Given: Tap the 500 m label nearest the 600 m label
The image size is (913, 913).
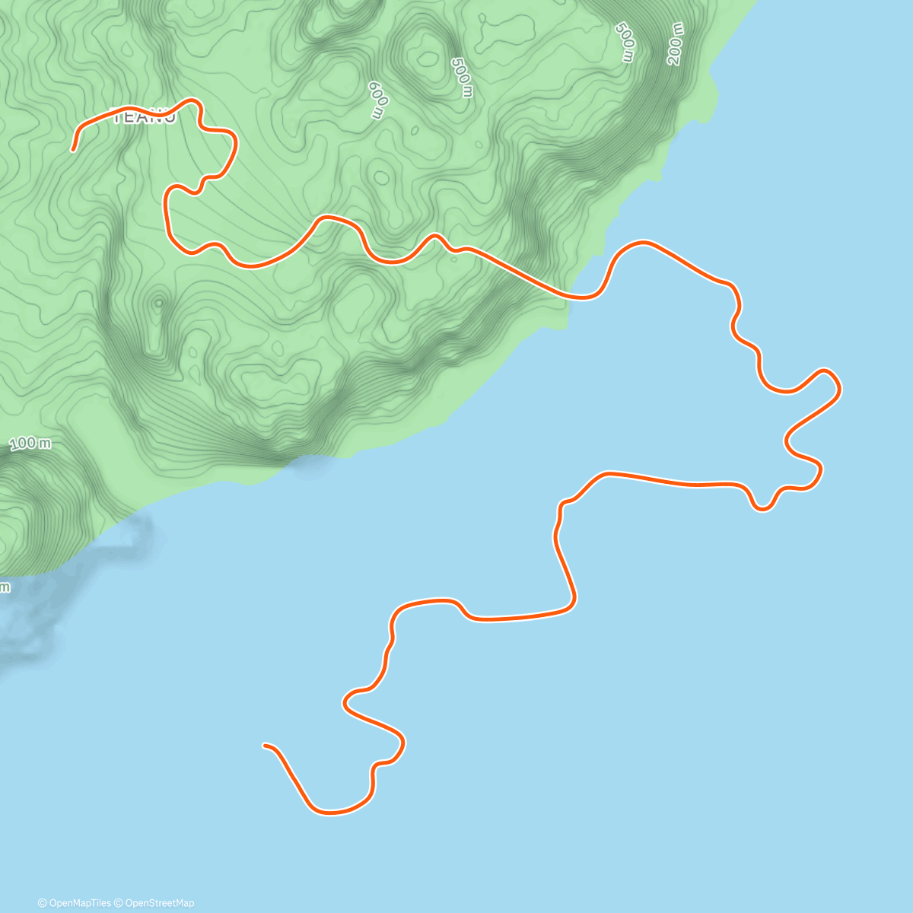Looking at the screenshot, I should pyautogui.click(x=462, y=78).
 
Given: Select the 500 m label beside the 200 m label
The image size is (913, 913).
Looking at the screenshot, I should pyautogui.click(x=625, y=43).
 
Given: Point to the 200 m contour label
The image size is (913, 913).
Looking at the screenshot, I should pyautogui.click(x=676, y=44).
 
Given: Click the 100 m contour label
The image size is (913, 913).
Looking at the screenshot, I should pyautogui.click(x=31, y=443).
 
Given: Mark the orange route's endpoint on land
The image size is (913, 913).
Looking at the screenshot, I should pyautogui.click(x=73, y=150).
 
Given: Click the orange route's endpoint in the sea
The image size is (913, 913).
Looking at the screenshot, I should pyautogui.click(x=265, y=746).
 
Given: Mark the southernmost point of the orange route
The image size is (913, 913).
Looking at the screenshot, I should pyautogui.click(x=332, y=813).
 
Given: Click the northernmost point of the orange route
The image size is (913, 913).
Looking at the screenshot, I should pyautogui.click(x=192, y=100).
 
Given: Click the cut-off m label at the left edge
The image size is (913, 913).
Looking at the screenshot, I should pyautogui.click(x=5, y=587).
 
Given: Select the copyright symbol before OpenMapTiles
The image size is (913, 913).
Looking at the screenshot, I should pyautogui.click(x=42, y=903).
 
